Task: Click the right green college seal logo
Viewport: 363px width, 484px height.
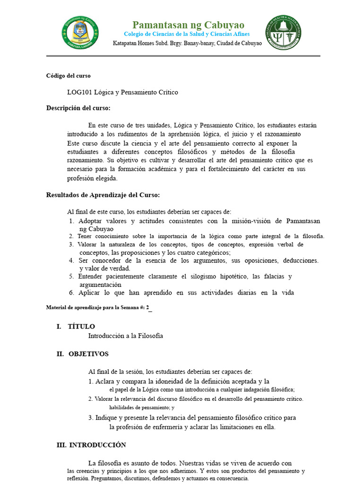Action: pyautogui.click(x=284, y=32)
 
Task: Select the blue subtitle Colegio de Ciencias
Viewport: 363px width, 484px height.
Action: pyautogui.click(x=187, y=34)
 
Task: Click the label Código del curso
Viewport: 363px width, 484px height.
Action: pyautogui.click(x=68, y=76)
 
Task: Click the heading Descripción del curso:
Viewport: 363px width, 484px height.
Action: pyautogui.click(x=78, y=108)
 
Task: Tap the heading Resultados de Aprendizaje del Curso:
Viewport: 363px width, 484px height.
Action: pyautogui.click(x=103, y=195)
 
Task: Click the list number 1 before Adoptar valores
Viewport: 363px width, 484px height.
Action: pyautogui.click(x=71, y=221)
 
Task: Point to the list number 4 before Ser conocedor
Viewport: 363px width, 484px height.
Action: pyautogui.click(x=71, y=260)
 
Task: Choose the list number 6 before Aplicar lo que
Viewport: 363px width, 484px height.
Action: pyautogui.click(x=71, y=293)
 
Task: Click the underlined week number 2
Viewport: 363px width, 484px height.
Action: pyautogui.click(x=148, y=308)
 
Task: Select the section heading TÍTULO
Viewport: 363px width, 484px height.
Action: pyautogui.click(x=81, y=327)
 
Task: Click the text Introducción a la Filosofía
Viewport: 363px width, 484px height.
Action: pyautogui.click(x=125, y=336)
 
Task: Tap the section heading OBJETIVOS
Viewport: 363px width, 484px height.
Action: pyautogui.click(x=88, y=354)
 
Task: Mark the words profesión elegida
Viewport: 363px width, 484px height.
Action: pyautogui.click(x=92, y=178)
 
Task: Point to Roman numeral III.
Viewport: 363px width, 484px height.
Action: pyautogui.click(x=61, y=445)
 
